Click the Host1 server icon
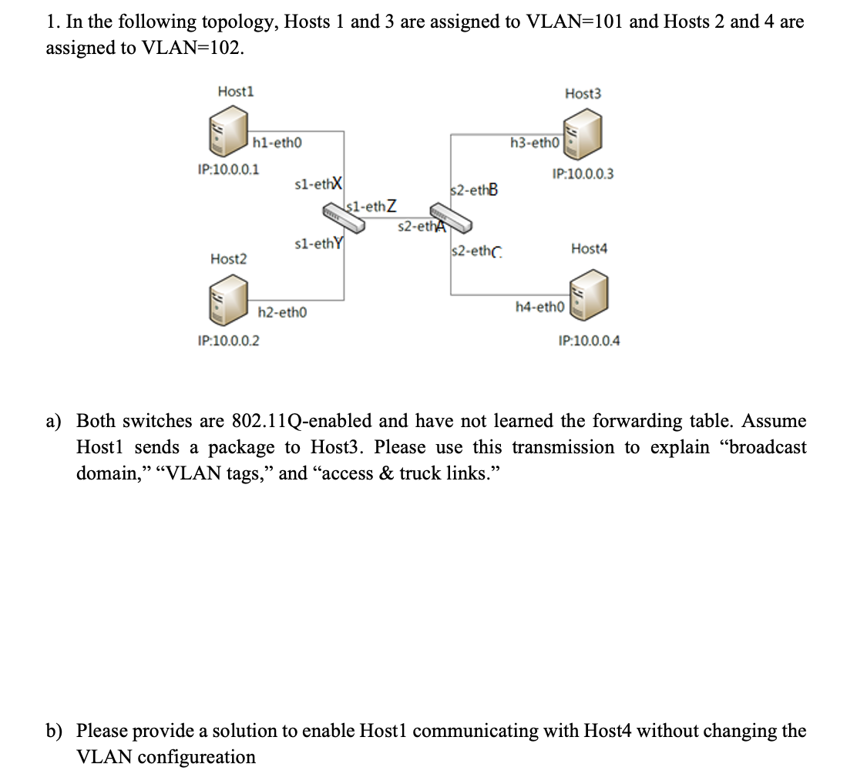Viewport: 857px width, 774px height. click(x=229, y=131)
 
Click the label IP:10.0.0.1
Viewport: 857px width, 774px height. click(x=228, y=169)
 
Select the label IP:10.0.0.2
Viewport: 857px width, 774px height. click(x=228, y=340)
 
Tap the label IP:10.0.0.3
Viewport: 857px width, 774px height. click(x=583, y=174)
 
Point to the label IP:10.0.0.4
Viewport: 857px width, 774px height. click(x=589, y=340)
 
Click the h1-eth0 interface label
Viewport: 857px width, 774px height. click(x=277, y=142)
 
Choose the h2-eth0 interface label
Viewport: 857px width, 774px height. click(x=282, y=312)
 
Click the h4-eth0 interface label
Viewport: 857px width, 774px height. click(x=540, y=307)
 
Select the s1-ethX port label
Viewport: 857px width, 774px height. click(x=319, y=184)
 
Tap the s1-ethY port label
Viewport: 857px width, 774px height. click(x=319, y=244)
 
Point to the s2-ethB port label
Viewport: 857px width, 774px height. click(x=474, y=190)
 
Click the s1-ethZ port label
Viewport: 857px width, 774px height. click(x=373, y=206)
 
